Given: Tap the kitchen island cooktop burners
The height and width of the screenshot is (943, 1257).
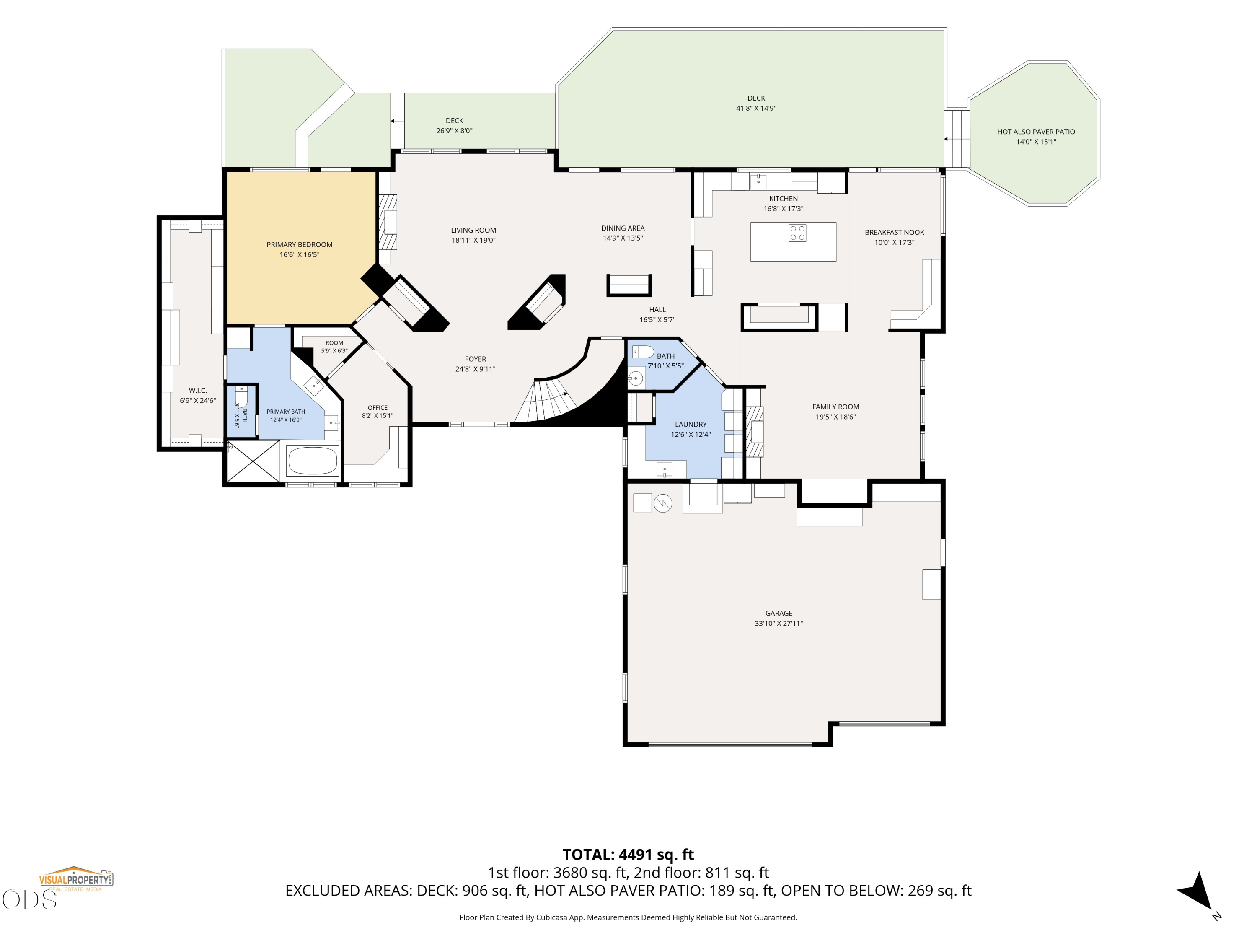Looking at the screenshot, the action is [x=797, y=233].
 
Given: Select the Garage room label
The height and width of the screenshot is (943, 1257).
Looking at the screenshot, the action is [x=779, y=613].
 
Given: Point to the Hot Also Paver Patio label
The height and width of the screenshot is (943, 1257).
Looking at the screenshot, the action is [x=1036, y=132].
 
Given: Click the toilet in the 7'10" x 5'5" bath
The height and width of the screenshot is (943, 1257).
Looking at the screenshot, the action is [x=643, y=351].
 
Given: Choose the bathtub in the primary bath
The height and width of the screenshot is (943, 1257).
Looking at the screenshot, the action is [x=312, y=461].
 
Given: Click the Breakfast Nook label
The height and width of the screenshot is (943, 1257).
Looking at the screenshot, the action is [x=895, y=233].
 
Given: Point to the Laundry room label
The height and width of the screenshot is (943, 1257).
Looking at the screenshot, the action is [x=691, y=425].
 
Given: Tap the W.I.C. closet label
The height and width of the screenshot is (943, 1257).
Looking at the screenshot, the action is [x=198, y=391].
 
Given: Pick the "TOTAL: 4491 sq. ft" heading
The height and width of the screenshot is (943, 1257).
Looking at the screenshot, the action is [x=628, y=855].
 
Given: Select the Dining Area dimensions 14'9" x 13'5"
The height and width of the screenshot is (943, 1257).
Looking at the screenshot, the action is [x=623, y=238].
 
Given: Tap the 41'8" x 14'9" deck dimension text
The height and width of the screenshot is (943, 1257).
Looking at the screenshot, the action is [x=756, y=108].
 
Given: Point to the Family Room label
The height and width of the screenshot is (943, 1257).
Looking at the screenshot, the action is [x=835, y=407].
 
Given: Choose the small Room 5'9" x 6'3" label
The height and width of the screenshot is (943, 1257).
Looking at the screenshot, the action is [x=334, y=343].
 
